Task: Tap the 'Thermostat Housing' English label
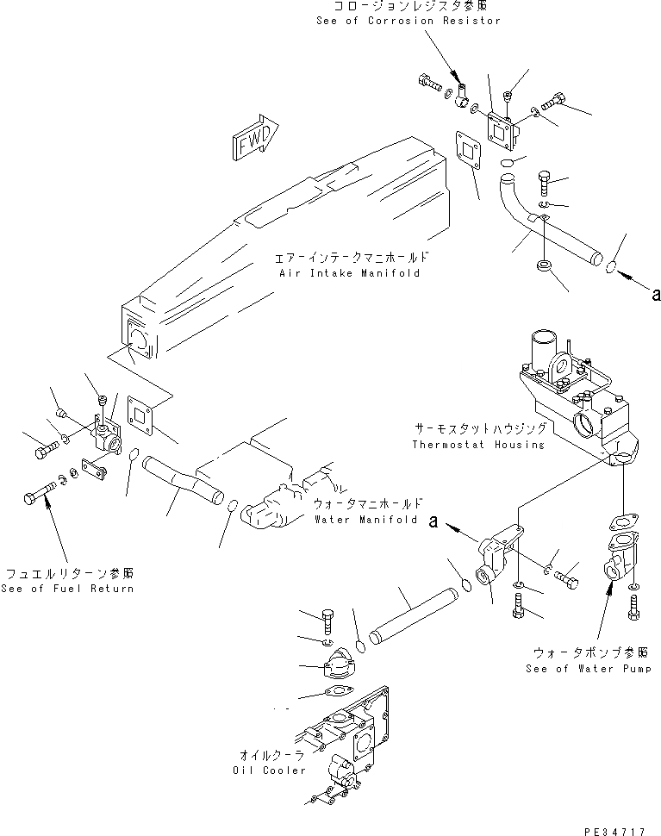pos(477,445)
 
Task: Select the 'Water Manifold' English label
pos(366,521)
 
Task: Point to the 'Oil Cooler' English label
pos(269,770)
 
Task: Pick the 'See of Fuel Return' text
pos(67,589)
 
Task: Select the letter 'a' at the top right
pos(656,295)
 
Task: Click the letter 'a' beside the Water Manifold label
pos(435,521)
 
